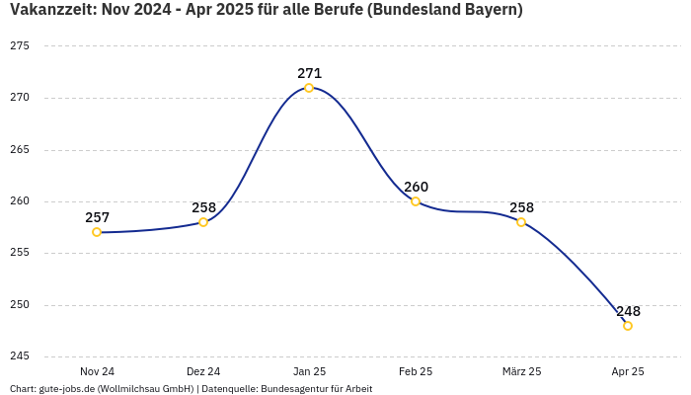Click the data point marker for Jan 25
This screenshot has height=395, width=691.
(309, 88)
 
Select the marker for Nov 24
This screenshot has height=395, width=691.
(97, 232)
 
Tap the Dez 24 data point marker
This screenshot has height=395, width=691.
(203, 222)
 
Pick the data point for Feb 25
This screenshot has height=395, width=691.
(416, 201)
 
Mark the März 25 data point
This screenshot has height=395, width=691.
(521, 222)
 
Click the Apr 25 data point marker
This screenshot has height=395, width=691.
(628, 326)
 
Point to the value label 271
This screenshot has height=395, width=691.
(309, 73)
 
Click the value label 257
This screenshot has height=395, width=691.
(97, 217)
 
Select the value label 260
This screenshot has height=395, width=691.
(416, 187)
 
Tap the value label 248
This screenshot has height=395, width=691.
(628, 311)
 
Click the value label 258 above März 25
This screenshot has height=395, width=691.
(521, 207)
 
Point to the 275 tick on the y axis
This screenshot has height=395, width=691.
(19, 46)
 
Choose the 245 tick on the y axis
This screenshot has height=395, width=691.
(19, 356)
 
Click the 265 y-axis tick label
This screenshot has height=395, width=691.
(19, 150)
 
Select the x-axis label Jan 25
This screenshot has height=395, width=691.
(309, 371)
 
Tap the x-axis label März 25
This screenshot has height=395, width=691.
(521, 371)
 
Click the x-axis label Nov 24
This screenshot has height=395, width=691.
(97, 371)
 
